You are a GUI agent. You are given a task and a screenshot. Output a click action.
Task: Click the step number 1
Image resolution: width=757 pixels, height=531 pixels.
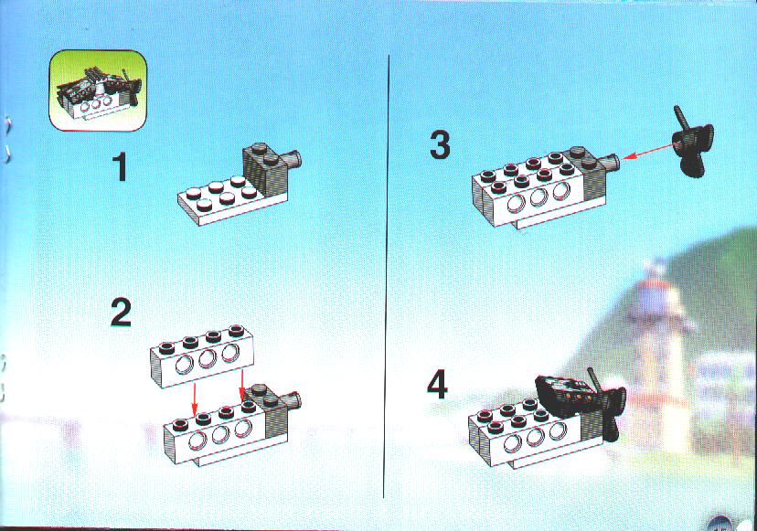tap(121, 167)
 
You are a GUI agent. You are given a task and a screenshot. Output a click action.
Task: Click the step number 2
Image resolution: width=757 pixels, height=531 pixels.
tap(121, 313)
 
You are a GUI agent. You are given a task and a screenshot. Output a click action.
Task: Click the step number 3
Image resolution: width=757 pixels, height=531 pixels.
tap(440, 144)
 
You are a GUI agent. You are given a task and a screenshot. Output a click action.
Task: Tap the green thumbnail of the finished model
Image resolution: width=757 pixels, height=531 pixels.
tap(98, 90)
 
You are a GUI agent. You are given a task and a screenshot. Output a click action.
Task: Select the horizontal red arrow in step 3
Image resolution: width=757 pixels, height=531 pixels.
tap(647, 151)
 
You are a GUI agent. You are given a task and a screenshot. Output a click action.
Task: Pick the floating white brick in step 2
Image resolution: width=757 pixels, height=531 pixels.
tap(202, 356)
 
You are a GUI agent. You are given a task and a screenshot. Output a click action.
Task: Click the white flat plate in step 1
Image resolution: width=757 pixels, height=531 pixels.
tap(219, 200)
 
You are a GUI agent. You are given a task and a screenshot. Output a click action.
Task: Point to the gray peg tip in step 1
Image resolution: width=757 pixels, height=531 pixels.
tap(295, 159)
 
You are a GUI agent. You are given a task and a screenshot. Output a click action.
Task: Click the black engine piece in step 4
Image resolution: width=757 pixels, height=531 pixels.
tap(562, 396)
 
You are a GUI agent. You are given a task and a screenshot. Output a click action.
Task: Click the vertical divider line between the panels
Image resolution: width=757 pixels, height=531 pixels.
tap(387, 276)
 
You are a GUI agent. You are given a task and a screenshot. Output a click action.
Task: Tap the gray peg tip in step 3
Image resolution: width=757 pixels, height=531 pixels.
tap(613, 163)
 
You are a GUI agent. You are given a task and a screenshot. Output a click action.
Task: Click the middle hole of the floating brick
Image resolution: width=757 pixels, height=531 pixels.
tap(208, 358)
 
